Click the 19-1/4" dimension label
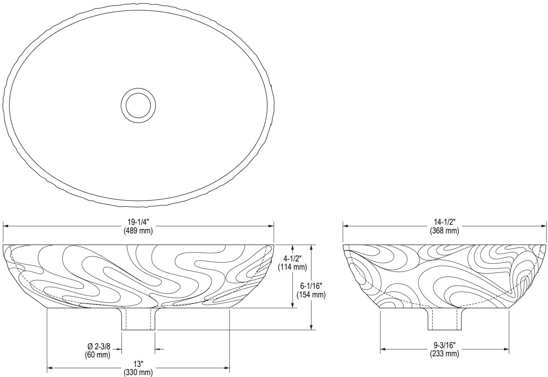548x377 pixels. click(x=138, y=222)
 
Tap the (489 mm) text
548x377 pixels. click(x=138, y=230)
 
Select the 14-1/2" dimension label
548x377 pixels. click(x=444, y=222)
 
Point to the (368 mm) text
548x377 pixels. click(x=444, y=230)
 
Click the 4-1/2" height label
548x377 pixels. click(x=292, y=259)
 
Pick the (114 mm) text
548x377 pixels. click(x=292, y=267)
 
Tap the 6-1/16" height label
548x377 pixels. click(x=311, y=286)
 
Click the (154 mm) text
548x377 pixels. click(x=311, y=294)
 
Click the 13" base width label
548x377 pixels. click(x=138, y=364)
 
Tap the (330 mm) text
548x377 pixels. click(x=138, y=372)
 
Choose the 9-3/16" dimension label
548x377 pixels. click(x=444, y=345)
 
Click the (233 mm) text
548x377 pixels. click(x=444, y=354)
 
